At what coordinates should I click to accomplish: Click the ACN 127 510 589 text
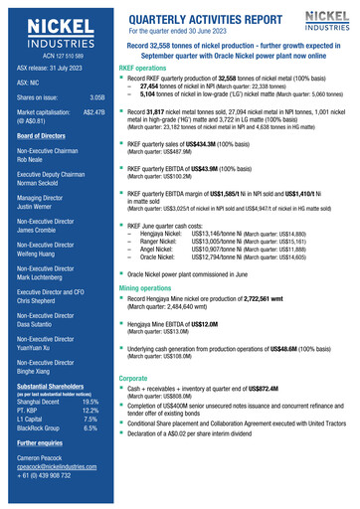pyautogui.click(x=47, y=56)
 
